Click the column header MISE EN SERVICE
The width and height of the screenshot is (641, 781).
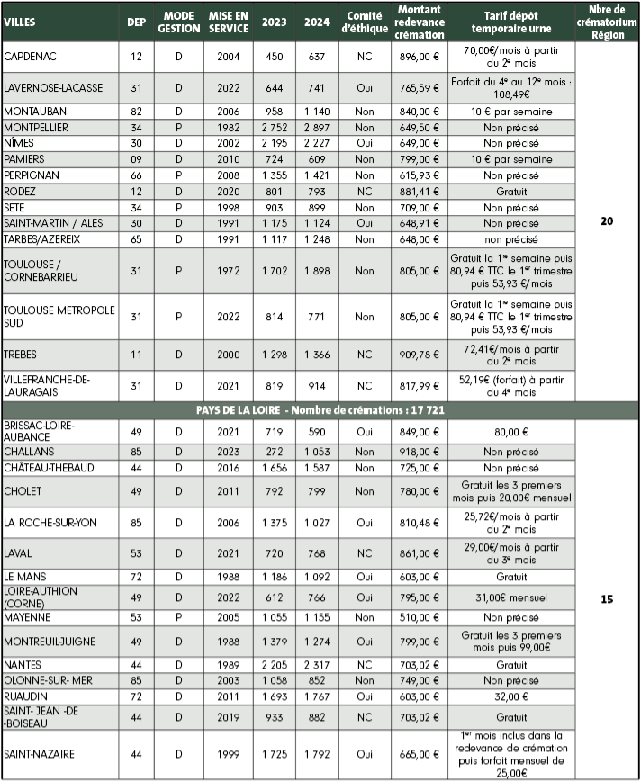(x=229, y=22)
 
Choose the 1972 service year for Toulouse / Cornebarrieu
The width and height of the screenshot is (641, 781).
(x=229, y=270)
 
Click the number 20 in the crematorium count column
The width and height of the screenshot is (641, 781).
(x=607, y=220)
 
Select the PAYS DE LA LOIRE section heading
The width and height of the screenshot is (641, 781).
(x=321, y=410)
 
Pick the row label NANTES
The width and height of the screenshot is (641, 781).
(x=24, y=665)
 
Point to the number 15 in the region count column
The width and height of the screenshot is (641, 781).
(x=607, y=598)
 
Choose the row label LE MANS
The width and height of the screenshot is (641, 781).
(x=25, y=576)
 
